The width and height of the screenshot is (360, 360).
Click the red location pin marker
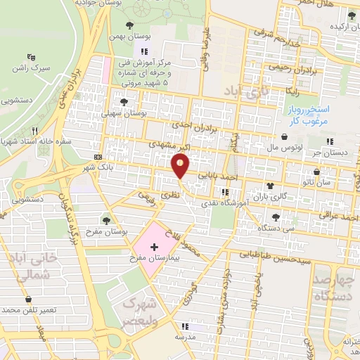181,166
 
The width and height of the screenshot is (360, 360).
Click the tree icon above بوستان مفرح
106,221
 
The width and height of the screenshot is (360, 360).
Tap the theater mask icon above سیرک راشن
31,57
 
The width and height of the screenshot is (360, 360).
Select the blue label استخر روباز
313,110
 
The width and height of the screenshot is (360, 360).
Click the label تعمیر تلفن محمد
30,310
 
